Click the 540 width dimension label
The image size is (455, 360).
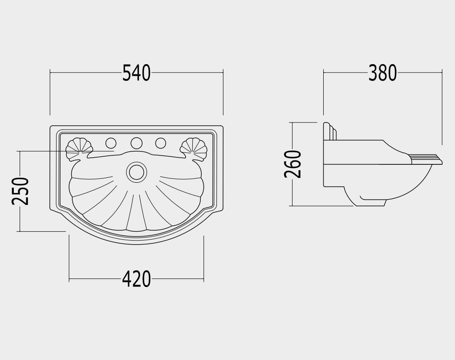136,73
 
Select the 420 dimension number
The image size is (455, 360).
136,279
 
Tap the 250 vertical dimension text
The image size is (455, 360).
20,191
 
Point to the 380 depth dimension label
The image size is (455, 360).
382,73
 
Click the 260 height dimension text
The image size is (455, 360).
293,164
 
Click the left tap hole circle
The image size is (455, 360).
111,143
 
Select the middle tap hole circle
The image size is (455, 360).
136,143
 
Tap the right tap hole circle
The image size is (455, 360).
160,143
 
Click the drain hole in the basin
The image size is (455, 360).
136,172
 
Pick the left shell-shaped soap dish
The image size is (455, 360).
79,149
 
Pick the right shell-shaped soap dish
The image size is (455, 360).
194,149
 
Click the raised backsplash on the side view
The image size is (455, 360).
330,131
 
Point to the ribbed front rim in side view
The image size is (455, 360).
426,160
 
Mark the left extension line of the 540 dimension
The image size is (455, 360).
50,92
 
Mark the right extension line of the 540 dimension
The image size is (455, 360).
223,92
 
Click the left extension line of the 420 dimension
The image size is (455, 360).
69,258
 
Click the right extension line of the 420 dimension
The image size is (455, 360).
204,258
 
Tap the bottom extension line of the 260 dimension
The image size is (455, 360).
322,206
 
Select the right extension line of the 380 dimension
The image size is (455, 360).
442,107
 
